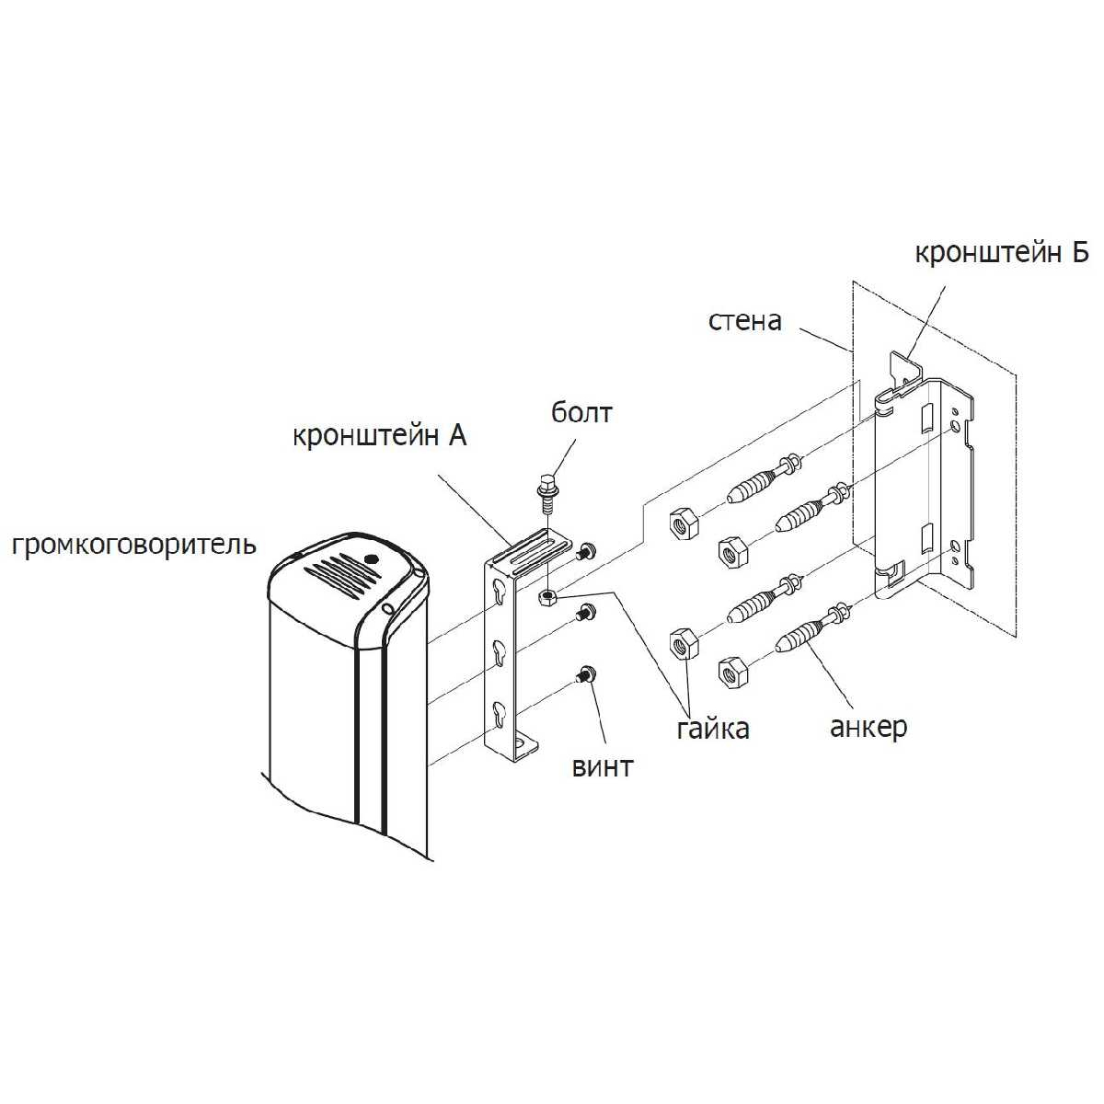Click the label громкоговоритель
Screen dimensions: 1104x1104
(x=133, y=545)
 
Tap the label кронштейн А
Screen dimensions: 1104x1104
(x=379, y=436)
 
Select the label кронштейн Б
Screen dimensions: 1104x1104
(x=1002, y=253)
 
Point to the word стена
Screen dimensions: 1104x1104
(x=745, y=321)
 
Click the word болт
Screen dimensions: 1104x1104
(x=581, y=412)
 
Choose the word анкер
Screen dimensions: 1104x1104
(x=868, y=728)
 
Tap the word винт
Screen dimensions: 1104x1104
(x=603, y=767)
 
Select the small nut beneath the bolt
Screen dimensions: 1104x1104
(x=547, y=598)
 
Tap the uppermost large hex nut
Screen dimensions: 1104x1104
(x=683, y=523)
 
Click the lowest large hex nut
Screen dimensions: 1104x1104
(x=731, y=673)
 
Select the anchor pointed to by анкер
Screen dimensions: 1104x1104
(x=812, y=630)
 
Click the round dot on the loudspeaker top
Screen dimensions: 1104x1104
(x=372, y=558)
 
